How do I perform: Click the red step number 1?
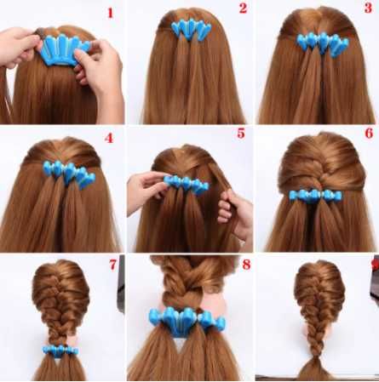click(110, 13)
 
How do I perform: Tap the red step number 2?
click(243, 9)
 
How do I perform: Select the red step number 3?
click(368, 8)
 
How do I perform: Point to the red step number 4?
click(109, 138)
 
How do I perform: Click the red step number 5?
click(241, 133)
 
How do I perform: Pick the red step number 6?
click(369, 133)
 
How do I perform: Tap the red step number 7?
click(112, 265)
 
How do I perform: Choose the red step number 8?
click(246, 265)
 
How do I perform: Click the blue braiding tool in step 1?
click(65, 50)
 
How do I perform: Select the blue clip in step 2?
click(191, 30)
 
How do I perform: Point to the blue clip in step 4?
click(69, 174)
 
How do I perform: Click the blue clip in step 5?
click(187, 185)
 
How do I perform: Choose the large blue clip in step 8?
click(187, 321)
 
